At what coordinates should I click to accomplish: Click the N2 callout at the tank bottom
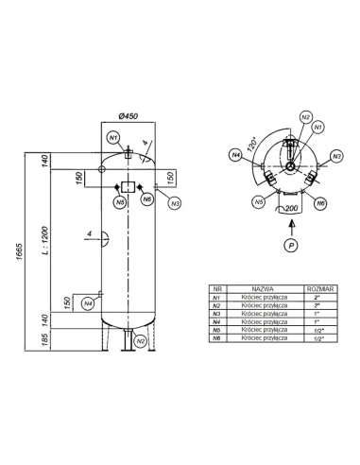click(x=140, y=340)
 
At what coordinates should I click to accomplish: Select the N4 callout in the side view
click(x=87, y=303)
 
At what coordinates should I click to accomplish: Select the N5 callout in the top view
click(x=258, y=201)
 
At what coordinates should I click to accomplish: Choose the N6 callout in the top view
click(x=321, y=202)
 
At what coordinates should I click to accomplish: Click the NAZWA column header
click(x=262, y=290)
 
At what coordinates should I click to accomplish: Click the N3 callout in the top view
click(x=336, y=155)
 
